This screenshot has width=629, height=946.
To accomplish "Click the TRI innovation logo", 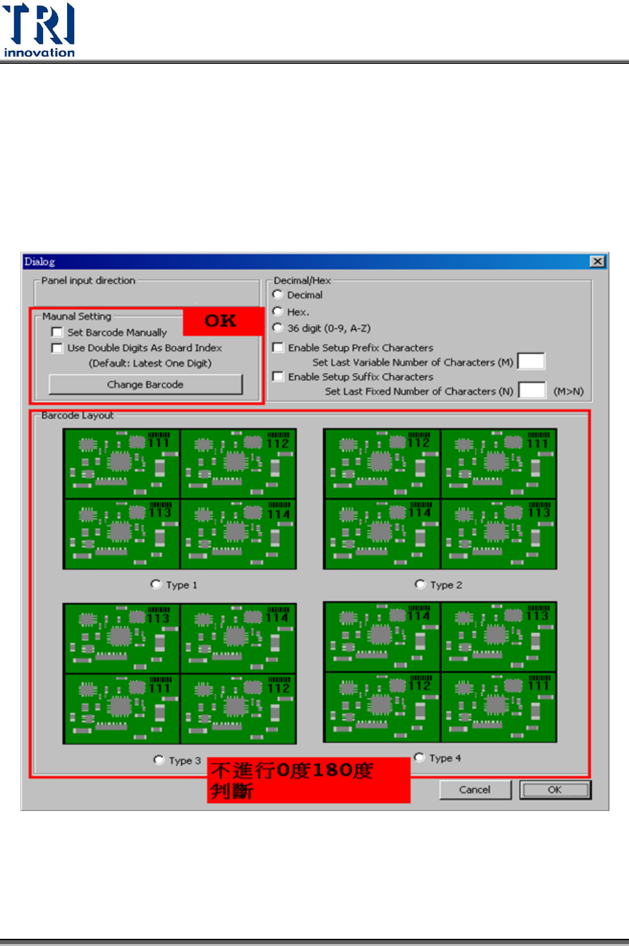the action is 39,30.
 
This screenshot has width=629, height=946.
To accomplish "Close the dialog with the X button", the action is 597,261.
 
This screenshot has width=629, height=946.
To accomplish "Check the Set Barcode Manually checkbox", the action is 57,333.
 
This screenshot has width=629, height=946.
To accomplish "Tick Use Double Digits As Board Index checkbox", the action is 57,348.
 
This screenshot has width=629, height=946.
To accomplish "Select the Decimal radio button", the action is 278,295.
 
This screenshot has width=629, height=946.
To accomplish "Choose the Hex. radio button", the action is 278,312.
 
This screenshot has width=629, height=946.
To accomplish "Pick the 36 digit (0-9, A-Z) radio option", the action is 278,328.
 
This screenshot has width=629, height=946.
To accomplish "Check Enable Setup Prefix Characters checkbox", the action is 278,347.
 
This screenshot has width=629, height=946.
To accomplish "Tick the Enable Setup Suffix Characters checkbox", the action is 278,376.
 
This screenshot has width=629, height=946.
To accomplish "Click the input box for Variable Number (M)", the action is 531,361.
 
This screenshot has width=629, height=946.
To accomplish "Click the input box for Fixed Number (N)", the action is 532,391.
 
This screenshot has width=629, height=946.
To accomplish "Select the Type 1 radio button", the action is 156,584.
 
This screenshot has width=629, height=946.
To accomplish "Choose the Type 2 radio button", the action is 420,584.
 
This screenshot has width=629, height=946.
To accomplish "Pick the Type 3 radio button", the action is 158,760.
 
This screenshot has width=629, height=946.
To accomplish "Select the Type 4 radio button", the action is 419,758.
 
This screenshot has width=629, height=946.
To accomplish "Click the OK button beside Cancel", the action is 555,790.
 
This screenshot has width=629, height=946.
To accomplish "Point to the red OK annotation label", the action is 222,321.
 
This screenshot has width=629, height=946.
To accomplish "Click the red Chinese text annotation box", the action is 308,780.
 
